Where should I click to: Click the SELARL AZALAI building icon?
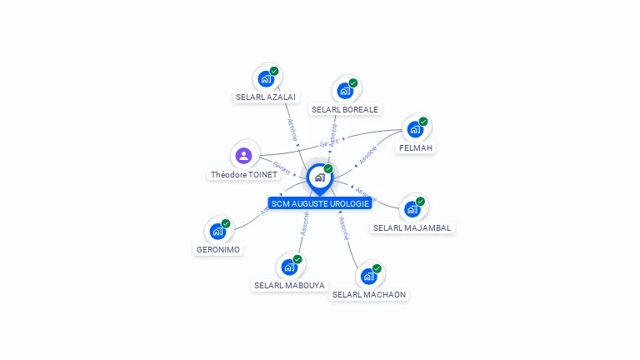pyautogui.click(x=266, y=78)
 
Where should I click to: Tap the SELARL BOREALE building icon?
pyautogui.click(x=345, y=91)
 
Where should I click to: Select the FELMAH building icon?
pyautogui.click(x=415, y=129)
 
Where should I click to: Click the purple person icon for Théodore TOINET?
pyautogui.click(x=243, y=156)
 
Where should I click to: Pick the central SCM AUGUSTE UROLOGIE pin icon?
pyautogui.click(x=319, y=177)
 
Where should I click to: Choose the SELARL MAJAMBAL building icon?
pyautogui.click(x=412, y=209)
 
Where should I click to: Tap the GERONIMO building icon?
pyautogui.click(x=217, y=231)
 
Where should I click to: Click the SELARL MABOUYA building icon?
pyautogui.click(x=289, y=267)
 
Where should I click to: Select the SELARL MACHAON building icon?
pyautogui.click(x=369, y=276)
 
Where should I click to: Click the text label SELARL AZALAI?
pyautogui.click(x=266, y=97)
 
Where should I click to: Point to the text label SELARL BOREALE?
pyautogui.click(x=345, y=109)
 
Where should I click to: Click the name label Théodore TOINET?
pyautogui.click(x=244, y=175)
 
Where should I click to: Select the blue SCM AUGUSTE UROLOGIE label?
pyautogui.click(x=320, y=203)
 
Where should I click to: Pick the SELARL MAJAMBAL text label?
pyautogui.click(x=413, y=227)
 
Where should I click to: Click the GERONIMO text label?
pyautogui.click(x=218, y=249)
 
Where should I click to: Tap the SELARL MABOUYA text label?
pyautogui.click(x=289, y=285)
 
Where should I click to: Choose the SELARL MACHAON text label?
pyautogui.click(x=370, y=294)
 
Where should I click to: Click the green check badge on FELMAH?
pyautogui.click(x=423, y=122)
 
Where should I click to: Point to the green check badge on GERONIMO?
pyautogui.click(x=226, y=223)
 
